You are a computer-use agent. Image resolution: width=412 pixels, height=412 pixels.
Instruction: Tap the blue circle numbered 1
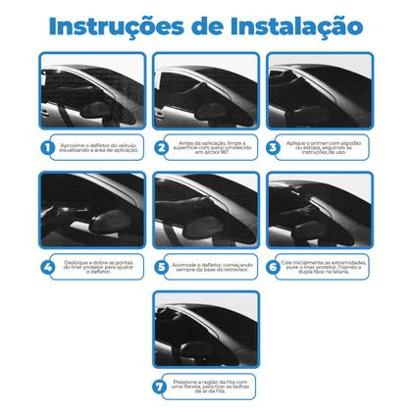[x=45, y=147]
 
